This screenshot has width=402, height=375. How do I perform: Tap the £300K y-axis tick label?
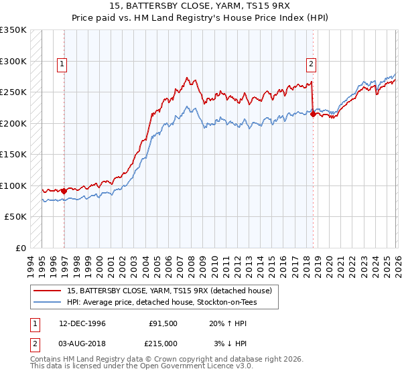(13, 61)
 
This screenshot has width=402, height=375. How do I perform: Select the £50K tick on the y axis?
(16, 217)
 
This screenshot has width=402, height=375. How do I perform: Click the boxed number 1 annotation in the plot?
(62, 64)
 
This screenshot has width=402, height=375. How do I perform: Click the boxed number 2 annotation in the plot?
(312, 64)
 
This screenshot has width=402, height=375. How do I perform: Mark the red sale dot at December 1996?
(64, 191)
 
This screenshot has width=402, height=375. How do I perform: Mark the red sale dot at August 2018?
(313, 115)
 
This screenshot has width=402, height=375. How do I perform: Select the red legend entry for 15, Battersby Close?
(169, 291)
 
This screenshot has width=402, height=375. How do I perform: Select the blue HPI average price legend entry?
(161, 303)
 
